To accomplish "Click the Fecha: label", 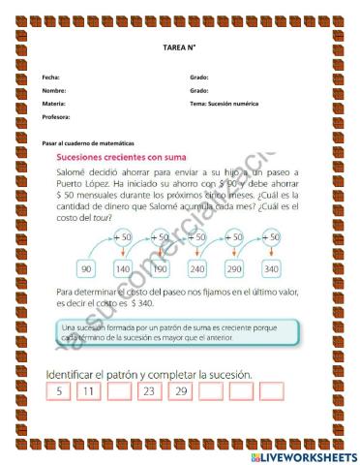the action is click(x=51, y=77).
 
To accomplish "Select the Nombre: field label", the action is click(x=54, y=90).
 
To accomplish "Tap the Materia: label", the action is click(x=54, y=103).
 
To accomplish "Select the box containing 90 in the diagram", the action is click(x=87, y=268).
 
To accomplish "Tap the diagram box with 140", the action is click(x=123, y=268).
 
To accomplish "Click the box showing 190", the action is click(x=160, y=268).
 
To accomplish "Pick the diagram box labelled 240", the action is click(x=196, y=268).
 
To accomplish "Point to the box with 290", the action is click(x=233, y=268).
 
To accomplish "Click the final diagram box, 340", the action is click(x=270, y=268).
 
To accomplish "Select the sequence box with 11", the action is click(x=89, y=391).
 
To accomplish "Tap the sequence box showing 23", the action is click(x=149, y=391).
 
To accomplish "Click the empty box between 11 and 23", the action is click(x=119, y=391).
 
